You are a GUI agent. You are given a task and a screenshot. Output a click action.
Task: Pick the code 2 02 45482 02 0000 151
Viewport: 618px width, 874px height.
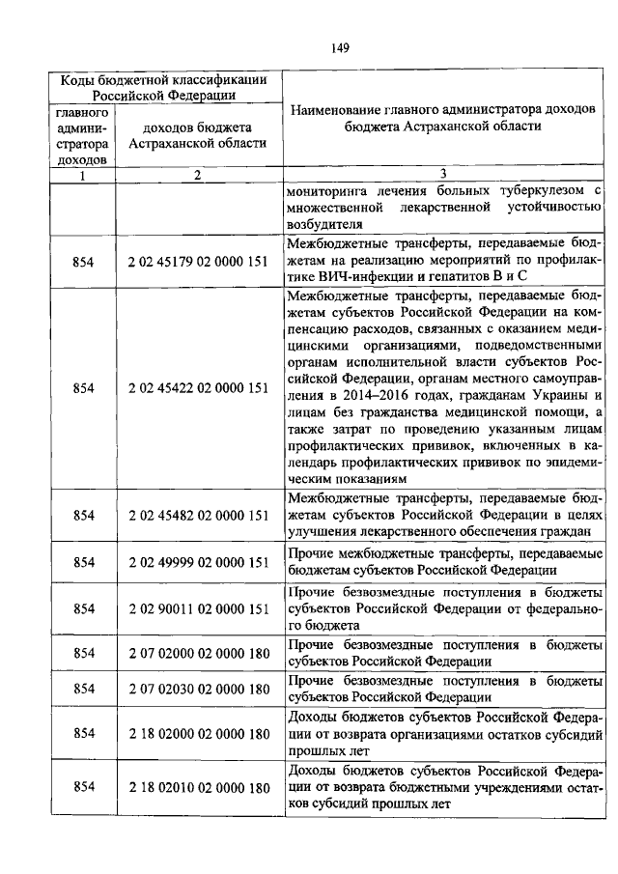point(197,516)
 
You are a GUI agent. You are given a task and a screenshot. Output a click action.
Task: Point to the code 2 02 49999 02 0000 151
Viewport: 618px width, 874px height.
point(197,562)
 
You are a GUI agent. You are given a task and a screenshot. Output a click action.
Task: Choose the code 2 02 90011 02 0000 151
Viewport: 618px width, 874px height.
point(197,608)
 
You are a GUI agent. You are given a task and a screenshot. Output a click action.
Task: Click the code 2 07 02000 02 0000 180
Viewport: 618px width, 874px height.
point(197,654)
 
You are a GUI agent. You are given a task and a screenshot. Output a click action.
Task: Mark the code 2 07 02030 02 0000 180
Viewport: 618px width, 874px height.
point(197,689)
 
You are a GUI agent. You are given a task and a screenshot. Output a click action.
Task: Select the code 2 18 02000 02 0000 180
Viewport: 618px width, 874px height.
point(197,735)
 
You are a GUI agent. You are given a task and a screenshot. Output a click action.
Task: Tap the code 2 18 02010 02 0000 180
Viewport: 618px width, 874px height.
point(197,788)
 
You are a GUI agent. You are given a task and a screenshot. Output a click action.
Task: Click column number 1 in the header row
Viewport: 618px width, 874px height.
point(82,175)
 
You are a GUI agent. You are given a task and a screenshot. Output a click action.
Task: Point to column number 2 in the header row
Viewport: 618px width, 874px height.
point(197,175)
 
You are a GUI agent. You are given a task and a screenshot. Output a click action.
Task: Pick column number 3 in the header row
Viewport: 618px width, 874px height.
point(442,175)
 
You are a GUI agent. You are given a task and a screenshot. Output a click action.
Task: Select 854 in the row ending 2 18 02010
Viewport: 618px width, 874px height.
point(83,788)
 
